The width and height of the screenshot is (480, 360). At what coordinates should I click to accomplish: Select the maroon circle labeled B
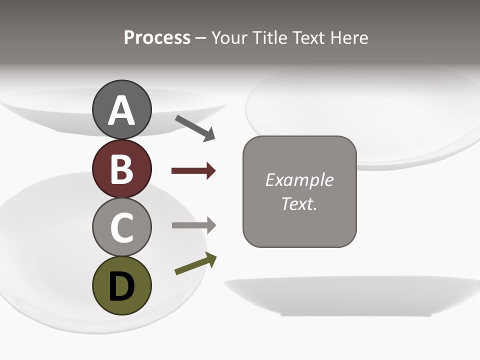click(122, 168)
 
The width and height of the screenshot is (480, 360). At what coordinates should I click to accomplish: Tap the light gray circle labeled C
click(122, 227)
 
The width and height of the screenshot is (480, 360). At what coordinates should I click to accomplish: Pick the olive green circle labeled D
click(122, 285)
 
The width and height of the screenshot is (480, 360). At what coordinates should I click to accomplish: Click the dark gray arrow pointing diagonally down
click(195, 128)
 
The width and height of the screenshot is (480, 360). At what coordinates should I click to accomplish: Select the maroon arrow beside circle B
click(193, 171)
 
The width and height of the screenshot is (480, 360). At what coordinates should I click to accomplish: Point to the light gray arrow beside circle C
click(194, 225)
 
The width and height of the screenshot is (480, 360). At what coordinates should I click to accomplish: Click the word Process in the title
click(157, 38)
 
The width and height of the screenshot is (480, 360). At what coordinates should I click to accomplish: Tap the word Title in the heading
click(269, 38)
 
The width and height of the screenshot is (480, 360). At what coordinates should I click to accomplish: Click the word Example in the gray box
click(299, 180)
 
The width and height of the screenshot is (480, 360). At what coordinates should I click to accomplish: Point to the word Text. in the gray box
click(299, 203)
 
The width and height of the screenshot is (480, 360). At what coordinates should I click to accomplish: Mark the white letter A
click(122, 110)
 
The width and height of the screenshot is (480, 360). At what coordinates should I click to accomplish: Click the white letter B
click(122, 169)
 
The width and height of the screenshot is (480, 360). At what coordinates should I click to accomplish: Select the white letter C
click(122, 228)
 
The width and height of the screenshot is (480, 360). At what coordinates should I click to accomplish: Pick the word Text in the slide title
click(307, 38)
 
